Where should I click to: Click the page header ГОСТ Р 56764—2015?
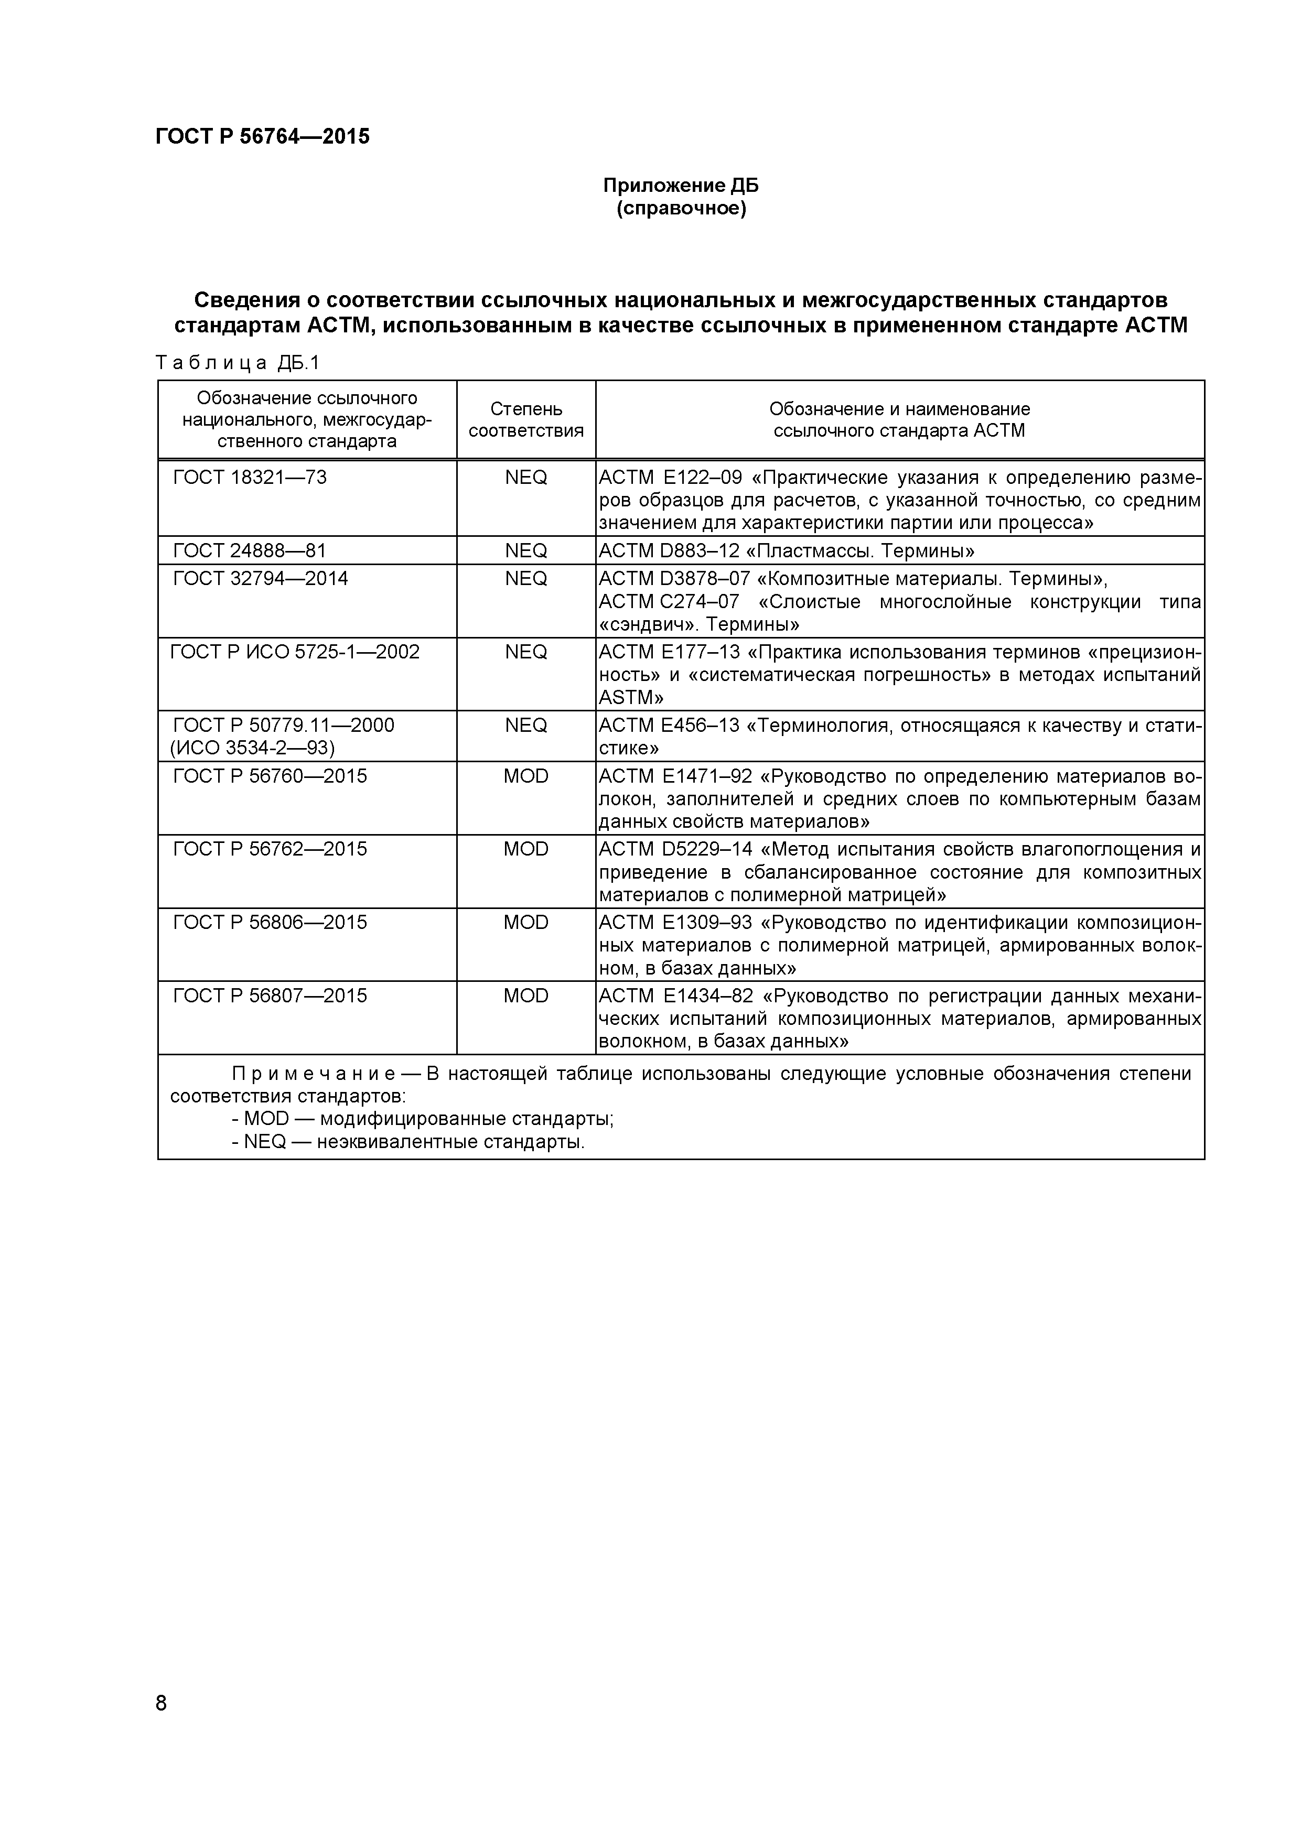coord(262,137)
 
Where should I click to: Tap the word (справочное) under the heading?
coord(680,210)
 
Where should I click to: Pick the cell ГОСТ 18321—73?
coord(250,478)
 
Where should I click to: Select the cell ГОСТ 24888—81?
coord(250,550)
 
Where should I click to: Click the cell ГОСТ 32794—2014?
coord(261,578)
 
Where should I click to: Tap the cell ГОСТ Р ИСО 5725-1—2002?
coord(295,652)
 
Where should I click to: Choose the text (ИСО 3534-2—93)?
coord(252,748)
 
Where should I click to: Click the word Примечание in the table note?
coord(313,1073)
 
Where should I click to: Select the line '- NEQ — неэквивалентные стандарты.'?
coord(408,1141)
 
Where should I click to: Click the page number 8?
coord(161,1725)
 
